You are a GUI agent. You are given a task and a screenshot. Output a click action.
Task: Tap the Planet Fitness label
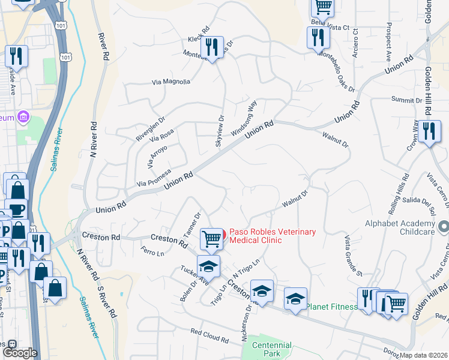332,307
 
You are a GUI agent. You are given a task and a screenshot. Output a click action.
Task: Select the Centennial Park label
272,349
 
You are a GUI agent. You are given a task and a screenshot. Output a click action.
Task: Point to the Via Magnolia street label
171,82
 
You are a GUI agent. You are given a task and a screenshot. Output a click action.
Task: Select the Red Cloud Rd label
209,335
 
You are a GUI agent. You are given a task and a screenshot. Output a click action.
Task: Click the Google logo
20,353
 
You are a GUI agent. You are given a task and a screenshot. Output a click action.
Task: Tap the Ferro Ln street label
152,251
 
